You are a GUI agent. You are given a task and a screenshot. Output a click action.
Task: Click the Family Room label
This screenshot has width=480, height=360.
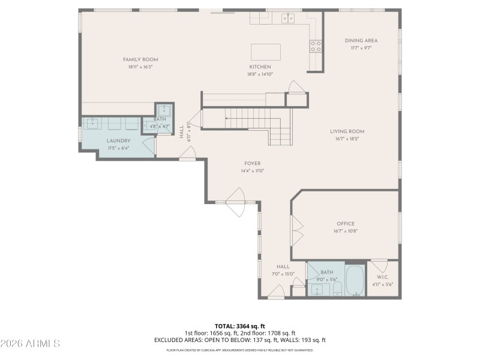140,59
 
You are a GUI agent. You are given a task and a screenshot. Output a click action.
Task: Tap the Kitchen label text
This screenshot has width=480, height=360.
260,67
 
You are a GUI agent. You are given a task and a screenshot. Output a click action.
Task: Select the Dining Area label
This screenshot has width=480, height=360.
361,41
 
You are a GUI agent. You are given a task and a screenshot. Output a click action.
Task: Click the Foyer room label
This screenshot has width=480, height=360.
252,163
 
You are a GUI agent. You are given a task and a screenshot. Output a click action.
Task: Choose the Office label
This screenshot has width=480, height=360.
345,224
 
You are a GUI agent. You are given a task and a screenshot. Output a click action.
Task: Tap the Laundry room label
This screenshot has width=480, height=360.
119,141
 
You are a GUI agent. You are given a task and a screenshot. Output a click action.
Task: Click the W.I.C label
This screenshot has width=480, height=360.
383,277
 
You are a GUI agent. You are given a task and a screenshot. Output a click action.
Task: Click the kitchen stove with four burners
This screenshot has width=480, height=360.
316,46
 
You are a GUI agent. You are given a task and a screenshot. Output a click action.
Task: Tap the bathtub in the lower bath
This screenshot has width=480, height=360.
356,281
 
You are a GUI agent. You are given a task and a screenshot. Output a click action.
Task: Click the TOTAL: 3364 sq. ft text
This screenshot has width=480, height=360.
240,326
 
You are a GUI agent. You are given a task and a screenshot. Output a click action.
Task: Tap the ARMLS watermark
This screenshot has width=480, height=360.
30,344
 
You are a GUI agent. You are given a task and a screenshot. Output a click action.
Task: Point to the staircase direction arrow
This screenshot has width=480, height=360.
227,118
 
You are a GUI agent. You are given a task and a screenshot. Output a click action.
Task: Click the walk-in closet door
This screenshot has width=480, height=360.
378,265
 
